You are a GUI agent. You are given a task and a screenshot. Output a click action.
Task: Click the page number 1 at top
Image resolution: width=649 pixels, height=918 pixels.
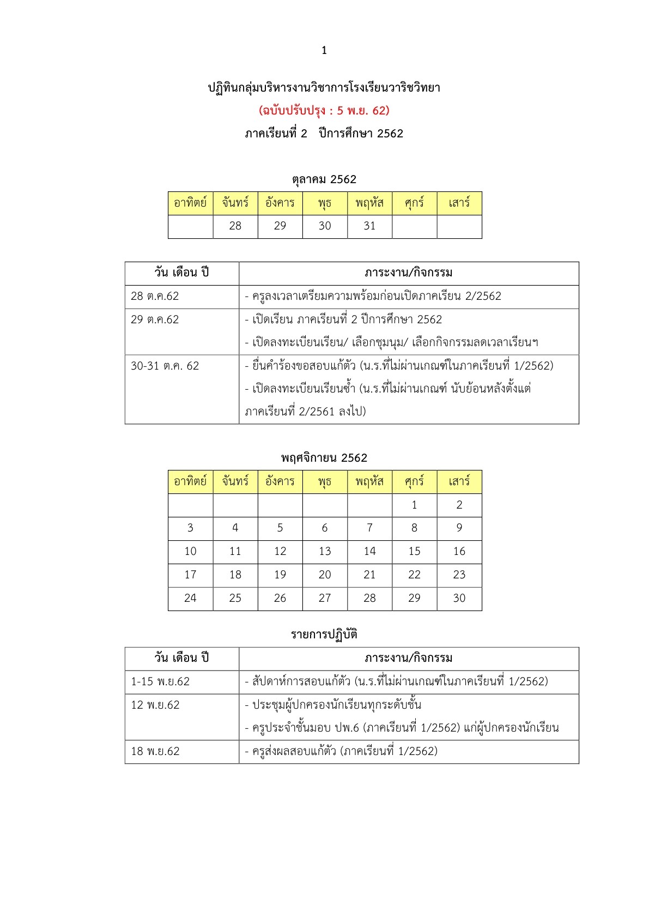(324, 51)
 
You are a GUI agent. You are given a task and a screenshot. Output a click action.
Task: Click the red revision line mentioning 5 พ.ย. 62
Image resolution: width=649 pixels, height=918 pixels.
(324, 111)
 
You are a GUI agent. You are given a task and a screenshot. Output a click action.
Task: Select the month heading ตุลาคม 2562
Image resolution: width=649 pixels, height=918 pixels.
(324, 179)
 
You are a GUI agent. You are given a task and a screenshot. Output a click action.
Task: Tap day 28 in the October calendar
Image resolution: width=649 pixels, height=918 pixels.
(235, 226)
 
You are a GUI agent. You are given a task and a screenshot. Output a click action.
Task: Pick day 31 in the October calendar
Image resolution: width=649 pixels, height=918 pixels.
(369, 226)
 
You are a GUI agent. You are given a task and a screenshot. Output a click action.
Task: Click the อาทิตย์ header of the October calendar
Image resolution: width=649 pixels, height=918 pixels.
(190, 203)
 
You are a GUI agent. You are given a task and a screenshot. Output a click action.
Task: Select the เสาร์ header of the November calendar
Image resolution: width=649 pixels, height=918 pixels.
(459, 481)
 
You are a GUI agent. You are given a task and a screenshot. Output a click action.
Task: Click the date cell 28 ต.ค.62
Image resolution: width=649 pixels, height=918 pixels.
(155, 296)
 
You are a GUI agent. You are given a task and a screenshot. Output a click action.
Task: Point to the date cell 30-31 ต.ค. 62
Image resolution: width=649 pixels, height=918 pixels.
(165, 366)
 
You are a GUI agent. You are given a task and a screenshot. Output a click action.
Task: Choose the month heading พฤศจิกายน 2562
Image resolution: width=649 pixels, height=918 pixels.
(324, 458)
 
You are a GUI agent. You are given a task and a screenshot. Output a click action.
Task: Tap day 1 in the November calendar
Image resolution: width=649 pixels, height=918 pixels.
(414, 505)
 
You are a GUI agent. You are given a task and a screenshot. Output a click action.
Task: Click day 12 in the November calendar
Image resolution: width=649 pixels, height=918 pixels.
(280, 551)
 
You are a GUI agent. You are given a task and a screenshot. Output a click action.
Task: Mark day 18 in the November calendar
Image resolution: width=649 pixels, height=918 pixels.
(235, 575)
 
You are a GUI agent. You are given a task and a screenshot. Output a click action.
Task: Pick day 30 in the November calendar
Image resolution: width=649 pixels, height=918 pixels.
(459, 598)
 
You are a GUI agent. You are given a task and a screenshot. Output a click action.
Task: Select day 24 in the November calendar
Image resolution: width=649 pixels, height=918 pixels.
(190, 598)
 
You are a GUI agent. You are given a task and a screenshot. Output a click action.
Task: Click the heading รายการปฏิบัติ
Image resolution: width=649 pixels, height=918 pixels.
(324, 635)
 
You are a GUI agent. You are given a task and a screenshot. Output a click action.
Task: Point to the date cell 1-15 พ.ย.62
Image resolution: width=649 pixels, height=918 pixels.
(160, 681)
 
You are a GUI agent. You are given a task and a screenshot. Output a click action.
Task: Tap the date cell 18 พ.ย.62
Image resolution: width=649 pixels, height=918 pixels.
(155, 751)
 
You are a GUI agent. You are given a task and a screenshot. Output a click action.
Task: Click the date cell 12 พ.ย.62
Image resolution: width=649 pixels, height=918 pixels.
(155, 705)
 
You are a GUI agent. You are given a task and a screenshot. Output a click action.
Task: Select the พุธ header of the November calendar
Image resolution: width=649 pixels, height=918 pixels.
(325, 481)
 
